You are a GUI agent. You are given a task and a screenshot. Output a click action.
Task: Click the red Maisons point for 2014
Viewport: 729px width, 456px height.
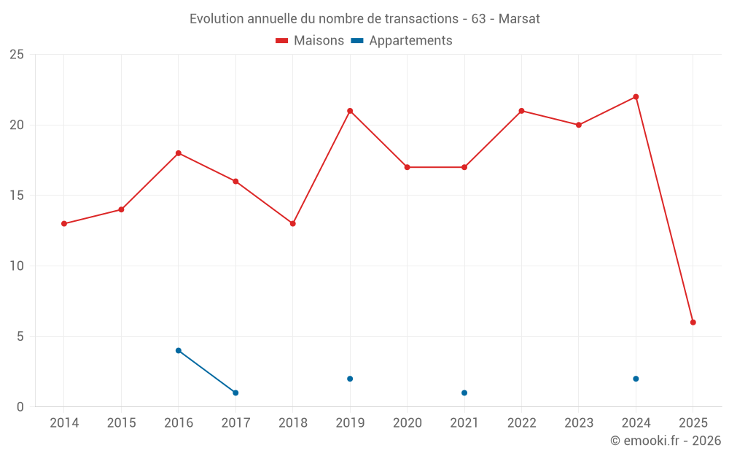(64, 224)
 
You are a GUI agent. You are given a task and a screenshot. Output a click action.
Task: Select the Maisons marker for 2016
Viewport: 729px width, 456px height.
(179, 153)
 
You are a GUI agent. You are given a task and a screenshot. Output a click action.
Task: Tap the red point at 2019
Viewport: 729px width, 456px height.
(350, 111)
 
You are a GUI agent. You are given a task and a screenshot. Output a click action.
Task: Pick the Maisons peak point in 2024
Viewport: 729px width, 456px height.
(636, 97)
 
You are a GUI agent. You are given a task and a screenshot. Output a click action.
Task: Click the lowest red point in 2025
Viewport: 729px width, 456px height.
(693, 322)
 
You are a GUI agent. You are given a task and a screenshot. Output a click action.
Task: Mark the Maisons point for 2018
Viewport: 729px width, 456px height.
(293, 224)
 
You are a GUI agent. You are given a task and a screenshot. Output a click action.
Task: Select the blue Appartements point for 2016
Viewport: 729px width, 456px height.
(179, 351)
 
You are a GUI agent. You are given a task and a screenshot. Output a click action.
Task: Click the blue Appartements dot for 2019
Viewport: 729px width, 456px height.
(350, 379)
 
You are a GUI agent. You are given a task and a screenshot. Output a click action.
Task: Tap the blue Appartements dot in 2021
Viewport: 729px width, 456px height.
(464, 393)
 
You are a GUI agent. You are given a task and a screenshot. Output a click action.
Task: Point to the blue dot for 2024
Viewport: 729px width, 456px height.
(636, 379)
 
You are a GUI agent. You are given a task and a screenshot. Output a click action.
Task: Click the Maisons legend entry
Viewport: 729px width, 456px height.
(310, 41)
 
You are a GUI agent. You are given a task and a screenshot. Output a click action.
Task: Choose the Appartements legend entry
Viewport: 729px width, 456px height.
(402, 41)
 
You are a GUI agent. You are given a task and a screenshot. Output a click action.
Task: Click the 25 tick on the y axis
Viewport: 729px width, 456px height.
(17, 55)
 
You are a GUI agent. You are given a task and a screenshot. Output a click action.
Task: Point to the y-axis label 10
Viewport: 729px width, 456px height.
(17, 266)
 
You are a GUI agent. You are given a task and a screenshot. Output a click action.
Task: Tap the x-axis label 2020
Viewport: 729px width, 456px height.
(408, 423)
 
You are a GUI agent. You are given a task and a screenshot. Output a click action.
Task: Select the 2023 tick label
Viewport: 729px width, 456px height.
(579, 423)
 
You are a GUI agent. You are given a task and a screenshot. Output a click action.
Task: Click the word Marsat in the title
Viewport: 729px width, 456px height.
(520, 19)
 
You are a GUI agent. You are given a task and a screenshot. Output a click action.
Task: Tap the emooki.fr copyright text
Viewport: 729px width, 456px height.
(666, 441)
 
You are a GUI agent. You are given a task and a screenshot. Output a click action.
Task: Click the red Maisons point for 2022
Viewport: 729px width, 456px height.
(521, 111)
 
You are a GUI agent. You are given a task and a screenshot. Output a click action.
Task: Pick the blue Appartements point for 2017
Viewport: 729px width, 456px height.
(235, 393)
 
